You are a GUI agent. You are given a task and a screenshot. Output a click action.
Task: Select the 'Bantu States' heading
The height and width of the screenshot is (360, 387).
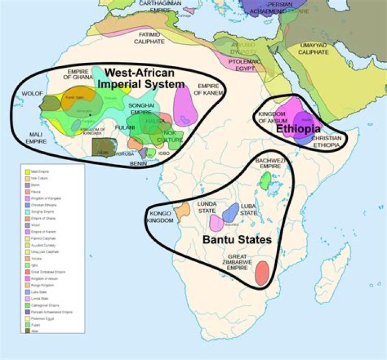pyautogui.click(x=236, y=240)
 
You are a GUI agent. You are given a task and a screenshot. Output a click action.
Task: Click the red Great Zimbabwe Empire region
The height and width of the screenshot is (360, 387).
pyautogui.click(x=262, y=272)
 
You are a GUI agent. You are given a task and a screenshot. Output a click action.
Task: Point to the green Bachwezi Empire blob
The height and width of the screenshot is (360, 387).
pyautogui.click(x=265, y=181)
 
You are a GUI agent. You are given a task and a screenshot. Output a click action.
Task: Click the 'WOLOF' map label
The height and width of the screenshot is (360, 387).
pyautogui.click(x=32, y=93)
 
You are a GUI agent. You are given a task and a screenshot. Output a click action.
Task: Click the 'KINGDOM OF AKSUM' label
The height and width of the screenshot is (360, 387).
pyautogui.click(x=273, y=118)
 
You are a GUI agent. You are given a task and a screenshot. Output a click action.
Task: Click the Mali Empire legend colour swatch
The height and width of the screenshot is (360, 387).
pyautogui.click(x=26, y=171)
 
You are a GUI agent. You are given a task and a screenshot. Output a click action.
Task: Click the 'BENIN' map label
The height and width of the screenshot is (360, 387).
pyautogui.click(x=139, y=163)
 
